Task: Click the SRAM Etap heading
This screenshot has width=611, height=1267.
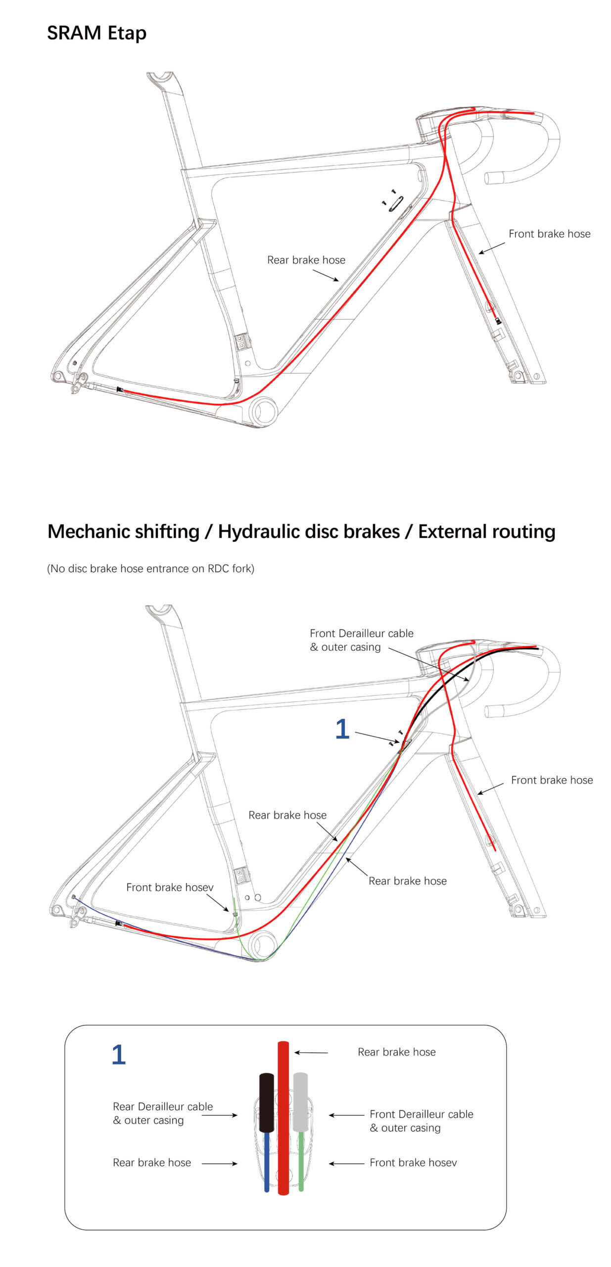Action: tap(96, 34)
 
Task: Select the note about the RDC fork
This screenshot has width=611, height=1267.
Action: tap(150, 568)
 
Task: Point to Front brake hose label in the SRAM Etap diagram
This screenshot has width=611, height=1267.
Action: tap(549, 234)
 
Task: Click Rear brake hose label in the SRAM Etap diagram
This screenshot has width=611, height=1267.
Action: tap(306, 260)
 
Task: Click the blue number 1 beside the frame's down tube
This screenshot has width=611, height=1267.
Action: tap(342, 729)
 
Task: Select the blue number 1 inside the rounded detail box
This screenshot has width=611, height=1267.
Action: tap(119, 1055)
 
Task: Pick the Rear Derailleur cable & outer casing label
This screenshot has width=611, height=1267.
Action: tap(163, 1113)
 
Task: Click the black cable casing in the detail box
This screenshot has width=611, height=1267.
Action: tap(266, 1102)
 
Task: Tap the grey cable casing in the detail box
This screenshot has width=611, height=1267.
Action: tap(300, 1102)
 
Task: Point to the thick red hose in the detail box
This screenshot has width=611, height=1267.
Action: tap(283, 1118)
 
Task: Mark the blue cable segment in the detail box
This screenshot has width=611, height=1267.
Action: tap(267, 1162)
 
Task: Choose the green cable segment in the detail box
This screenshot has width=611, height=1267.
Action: tap(301, 1161)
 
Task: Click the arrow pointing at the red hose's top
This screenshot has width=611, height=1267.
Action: tap(311, 1052)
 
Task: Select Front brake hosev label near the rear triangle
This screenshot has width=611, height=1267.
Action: tap(170, 887)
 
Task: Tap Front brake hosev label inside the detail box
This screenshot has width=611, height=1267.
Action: tap(413, 1163)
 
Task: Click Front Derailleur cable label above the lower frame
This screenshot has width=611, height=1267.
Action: tap(361, 640)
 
